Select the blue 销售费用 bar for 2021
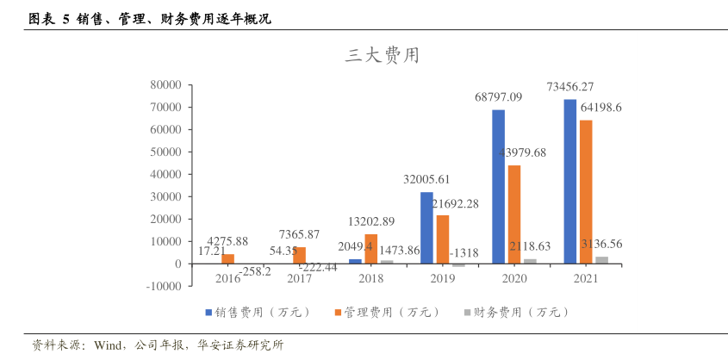click(569, 181)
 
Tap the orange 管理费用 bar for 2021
click(586, 191)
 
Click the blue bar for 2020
click(498, 186)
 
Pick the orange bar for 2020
click(513, 214)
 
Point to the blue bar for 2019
click(426, 227)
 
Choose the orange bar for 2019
click(443, 239)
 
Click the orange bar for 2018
click(371, 248)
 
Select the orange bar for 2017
click(300, 255)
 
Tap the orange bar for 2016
click(228, 258)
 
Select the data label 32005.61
click(426, 179)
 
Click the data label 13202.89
click(371, 221)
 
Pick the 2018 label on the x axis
click(371, 278)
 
